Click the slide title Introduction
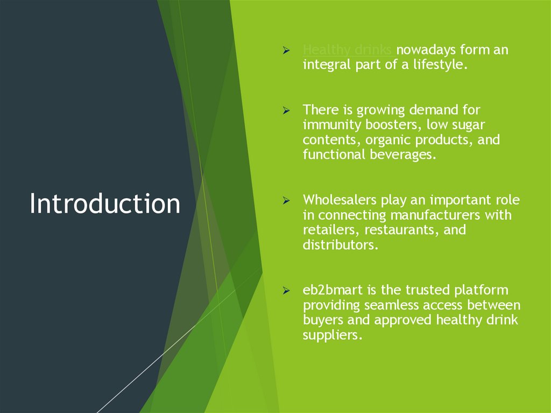[x=105, y=204]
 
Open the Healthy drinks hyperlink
[x=347, y=51]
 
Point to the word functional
[x=333, y=156]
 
